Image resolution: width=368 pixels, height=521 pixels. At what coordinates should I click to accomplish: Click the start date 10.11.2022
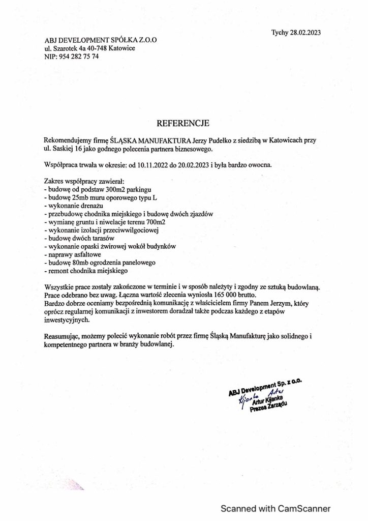154,165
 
